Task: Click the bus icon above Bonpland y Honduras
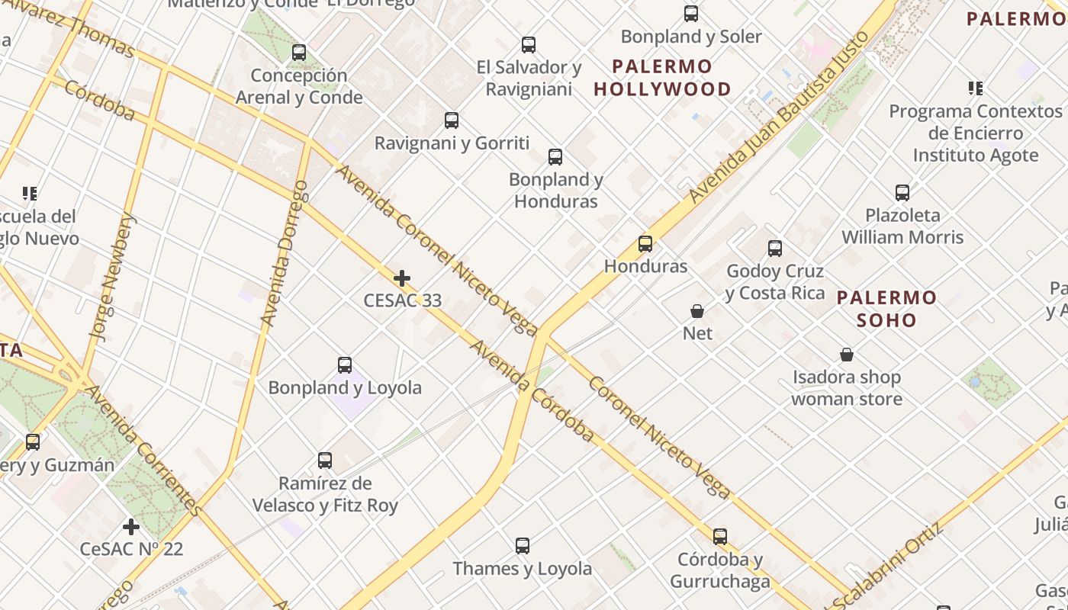555,157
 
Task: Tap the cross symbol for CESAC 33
402,278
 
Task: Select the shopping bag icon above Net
697,311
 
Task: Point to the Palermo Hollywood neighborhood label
662,78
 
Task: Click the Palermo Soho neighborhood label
886,309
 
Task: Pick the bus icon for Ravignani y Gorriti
452,120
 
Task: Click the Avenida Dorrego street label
284,253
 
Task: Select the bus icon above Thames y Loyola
523,546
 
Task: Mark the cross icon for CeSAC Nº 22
131,526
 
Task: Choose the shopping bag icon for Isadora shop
847,355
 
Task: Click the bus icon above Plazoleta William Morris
902,193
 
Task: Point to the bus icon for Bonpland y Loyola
345,365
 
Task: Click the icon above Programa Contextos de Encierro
975,88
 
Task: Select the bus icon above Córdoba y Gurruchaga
720,537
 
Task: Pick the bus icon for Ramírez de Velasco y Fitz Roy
325,461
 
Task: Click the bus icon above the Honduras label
645,244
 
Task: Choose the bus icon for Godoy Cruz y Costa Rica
775,249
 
